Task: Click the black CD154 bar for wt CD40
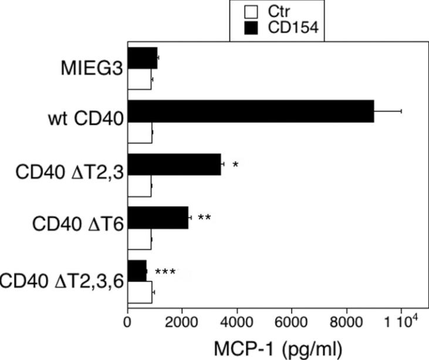point(251,111)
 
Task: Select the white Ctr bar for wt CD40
point(140,136)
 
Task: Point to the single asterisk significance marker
point(235,165)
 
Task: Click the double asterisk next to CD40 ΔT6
point(204,218)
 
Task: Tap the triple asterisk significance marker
point(165,272)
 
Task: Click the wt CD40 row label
point(87,122)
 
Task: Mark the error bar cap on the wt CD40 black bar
point(401,111)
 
